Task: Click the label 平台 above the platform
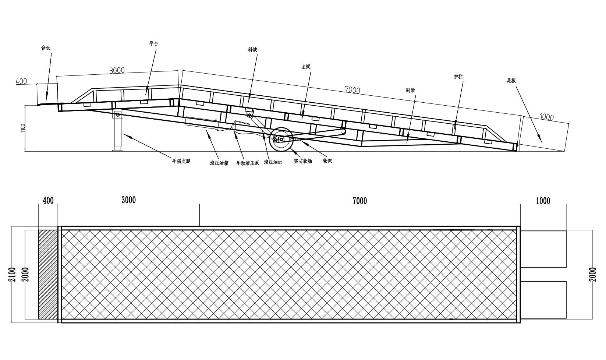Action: [x=153, y=43]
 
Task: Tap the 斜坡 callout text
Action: [x=252, y=50]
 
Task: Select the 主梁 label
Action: [x=306, y=67]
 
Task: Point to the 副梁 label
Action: [x=411, y=90]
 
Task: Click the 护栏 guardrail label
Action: [x=458, y=77]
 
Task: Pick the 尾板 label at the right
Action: [x=511, y=81]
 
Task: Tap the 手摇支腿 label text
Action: [x=181, y=161]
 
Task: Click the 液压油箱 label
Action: [x=219, y=163]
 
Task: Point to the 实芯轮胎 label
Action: [x=303, y=161]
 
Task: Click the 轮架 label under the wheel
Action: [x=327, y=161]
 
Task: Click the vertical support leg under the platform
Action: [x=118, y=131]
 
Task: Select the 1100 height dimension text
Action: [x=24, y=128]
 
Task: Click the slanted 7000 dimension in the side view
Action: [x=352, y=89]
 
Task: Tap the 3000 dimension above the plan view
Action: [x=128, y=200]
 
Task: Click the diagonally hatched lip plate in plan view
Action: [x=48, y=275]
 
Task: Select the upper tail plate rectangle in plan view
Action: [x=543, y=249]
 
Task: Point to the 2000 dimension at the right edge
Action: [x=592, y=274]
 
